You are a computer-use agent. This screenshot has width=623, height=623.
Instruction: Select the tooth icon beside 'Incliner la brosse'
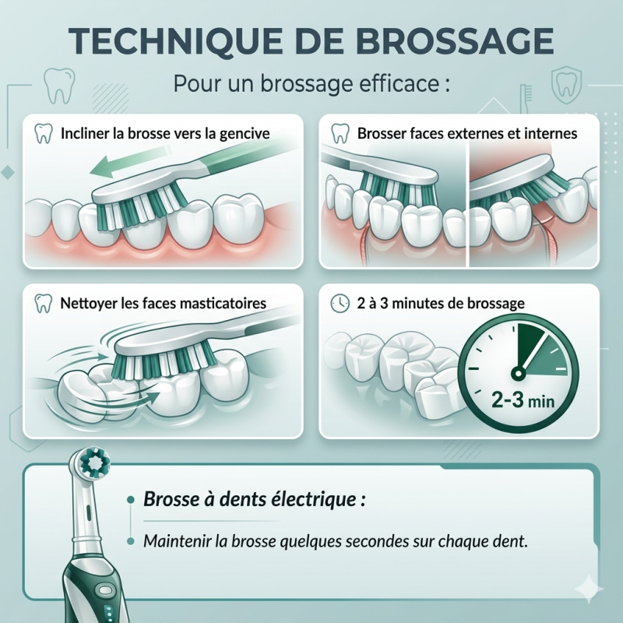click(44, 133)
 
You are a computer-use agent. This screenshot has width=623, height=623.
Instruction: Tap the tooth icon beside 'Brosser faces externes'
click(340, 133)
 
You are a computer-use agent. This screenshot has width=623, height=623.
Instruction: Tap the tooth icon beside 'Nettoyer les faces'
click(44, 304)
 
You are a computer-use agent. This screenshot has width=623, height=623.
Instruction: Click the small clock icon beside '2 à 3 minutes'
click(340, 304)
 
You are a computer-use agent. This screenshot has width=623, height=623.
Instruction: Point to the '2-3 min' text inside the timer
click(523, 400)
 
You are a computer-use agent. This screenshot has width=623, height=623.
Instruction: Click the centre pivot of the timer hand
click(518, 373)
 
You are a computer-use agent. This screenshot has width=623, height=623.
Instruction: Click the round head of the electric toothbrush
click(94, 463)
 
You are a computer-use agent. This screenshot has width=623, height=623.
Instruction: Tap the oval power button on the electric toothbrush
click(107, 590)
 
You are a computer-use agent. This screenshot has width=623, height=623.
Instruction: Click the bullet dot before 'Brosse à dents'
click(130, 501)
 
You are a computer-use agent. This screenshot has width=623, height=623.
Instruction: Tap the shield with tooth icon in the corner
click(567, 86)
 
